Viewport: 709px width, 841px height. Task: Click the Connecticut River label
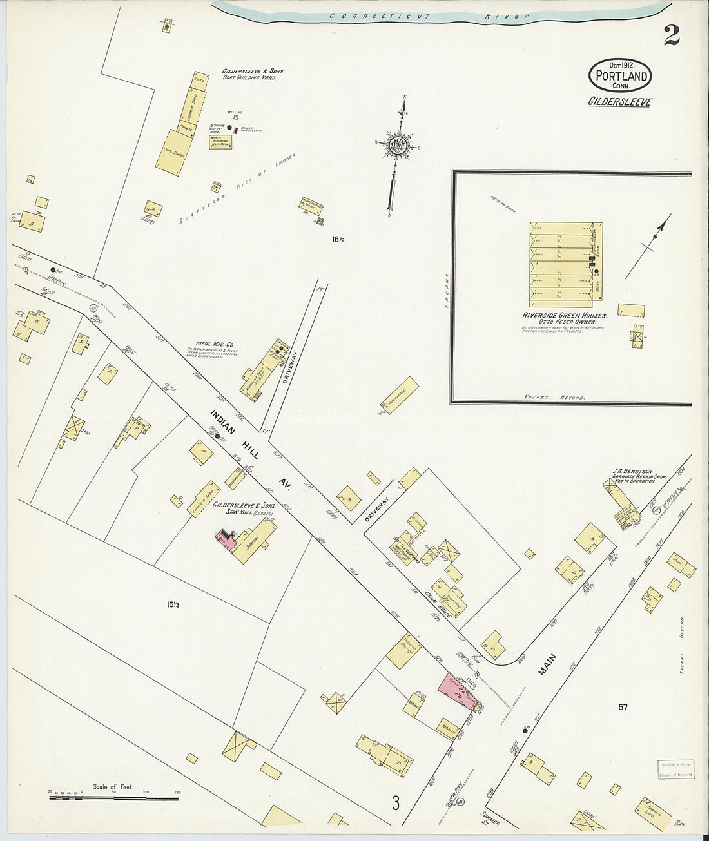(x=428, y=16)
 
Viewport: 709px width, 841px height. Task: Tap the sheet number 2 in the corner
(x=671, y=35)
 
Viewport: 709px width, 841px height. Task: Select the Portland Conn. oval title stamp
(x=619, y=75)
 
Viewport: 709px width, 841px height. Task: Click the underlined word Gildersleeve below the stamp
(x=619, y=102)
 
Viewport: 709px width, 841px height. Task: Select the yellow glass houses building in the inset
(x=561, y=265)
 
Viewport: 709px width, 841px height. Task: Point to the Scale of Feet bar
(x=113, y=798)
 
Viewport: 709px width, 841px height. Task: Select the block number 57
(x=623, y=707)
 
